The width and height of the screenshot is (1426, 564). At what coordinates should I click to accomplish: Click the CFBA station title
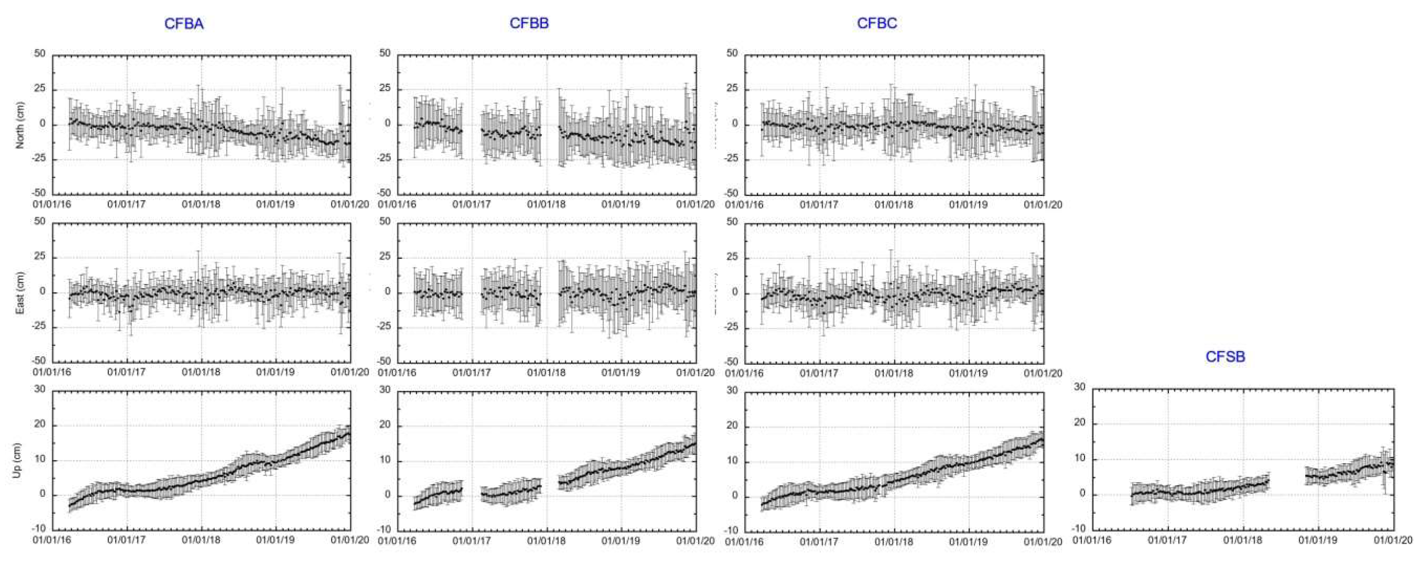tap(184, 24)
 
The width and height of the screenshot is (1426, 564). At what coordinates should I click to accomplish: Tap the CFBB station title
tap(529, 23)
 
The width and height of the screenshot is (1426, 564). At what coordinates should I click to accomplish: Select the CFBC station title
tap(876, 23)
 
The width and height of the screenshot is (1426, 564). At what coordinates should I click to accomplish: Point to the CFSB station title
tap(1225, 357)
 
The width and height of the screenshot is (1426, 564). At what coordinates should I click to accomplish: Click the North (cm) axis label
tap(20, 125)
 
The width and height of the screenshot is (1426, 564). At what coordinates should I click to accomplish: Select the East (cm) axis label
tap(20, 293)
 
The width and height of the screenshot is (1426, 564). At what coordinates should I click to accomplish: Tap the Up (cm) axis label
tap(17, 460)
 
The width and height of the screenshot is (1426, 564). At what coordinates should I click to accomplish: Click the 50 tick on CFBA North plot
tap(40, 54)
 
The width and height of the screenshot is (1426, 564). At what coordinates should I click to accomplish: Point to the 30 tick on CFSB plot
tap(1080, 387)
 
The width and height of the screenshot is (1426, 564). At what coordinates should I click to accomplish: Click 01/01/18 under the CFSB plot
tap(1243, 540)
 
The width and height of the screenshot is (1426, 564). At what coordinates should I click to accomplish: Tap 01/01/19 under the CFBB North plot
tap(621, 204)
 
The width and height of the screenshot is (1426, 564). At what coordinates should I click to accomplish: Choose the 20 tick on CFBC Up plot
tap(732, 426)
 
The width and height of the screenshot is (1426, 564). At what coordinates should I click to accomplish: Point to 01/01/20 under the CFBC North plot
tap(1043, 205)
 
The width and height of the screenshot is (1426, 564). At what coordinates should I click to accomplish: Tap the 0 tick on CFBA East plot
tap(42, 292)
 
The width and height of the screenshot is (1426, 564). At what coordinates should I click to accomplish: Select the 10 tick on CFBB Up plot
tap(385, 460)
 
